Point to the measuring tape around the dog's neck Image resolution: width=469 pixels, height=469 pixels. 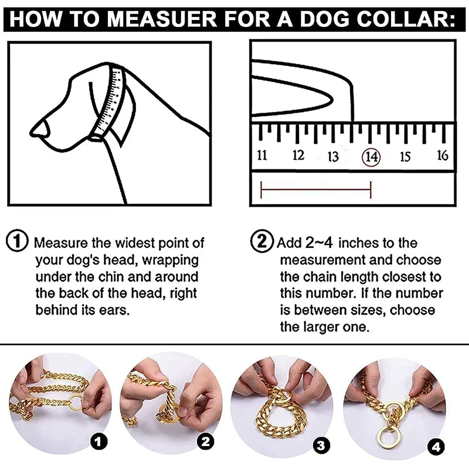(x=111, y=103)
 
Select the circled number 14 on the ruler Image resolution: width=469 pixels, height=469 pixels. (x=371, y=157)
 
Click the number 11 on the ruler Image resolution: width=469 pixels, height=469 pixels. (x=262, y=155)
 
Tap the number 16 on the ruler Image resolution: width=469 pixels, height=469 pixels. (x=443, y=155)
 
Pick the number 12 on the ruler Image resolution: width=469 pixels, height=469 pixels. (x=298, y=155)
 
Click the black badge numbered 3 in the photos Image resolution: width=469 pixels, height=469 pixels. (x=320, y=445)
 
